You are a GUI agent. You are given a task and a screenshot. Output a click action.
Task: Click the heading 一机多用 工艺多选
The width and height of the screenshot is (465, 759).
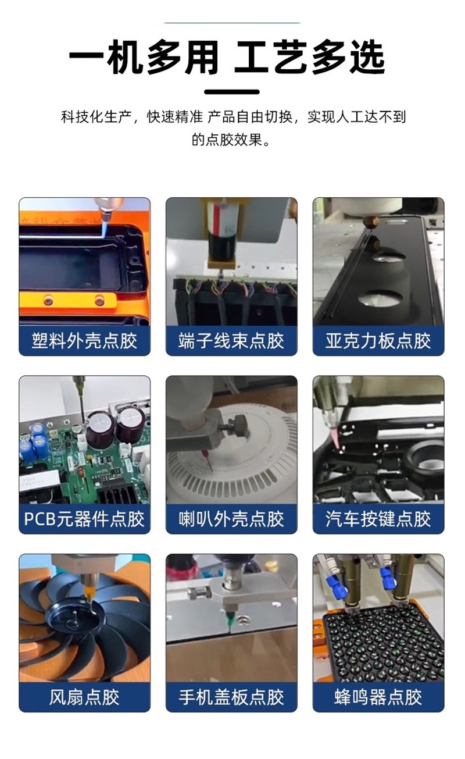pyautogui.click(x=227, y=57)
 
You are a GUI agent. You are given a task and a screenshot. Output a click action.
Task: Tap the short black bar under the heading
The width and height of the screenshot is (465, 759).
pyautogui.click(x=232, y=92)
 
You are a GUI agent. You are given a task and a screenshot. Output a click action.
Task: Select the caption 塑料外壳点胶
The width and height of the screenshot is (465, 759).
pyautogui.click(x=84, y=341)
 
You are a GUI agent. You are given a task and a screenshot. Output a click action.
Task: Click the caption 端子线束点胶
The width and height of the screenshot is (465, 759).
pyautogui.click(x=231, y=341)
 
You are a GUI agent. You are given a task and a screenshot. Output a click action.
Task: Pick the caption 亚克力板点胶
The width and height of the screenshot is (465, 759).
pyautogui.click(x=378, y=341)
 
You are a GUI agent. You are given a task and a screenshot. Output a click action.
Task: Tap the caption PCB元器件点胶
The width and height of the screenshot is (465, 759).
pyautogui.click(x=84, y=519)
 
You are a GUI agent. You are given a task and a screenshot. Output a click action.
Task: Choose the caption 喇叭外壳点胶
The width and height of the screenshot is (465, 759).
pyautogui.click(x=231, y=519)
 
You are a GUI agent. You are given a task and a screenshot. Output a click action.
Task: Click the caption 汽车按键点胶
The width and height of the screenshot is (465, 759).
pyautogui.click(x=378, y=519)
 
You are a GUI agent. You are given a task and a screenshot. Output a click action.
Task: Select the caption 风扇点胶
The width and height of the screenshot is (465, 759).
pyautogui.click(x=84, y=697)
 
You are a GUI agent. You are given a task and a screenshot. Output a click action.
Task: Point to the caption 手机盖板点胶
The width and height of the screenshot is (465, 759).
pyautogui.click(x=231, y=697)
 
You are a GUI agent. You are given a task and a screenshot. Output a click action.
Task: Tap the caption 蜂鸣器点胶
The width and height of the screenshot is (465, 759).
pyautogui.click(x=378, y=697)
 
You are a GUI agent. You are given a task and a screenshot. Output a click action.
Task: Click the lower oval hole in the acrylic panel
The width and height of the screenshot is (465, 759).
pyautogui.click(x=380, y=298)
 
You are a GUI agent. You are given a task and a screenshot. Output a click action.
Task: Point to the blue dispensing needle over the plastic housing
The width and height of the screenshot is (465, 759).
pyautogui.click(x=104, y=225)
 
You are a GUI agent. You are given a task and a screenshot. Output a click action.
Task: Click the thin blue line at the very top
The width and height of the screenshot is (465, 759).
pyautogui.click(x=233, y=23)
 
